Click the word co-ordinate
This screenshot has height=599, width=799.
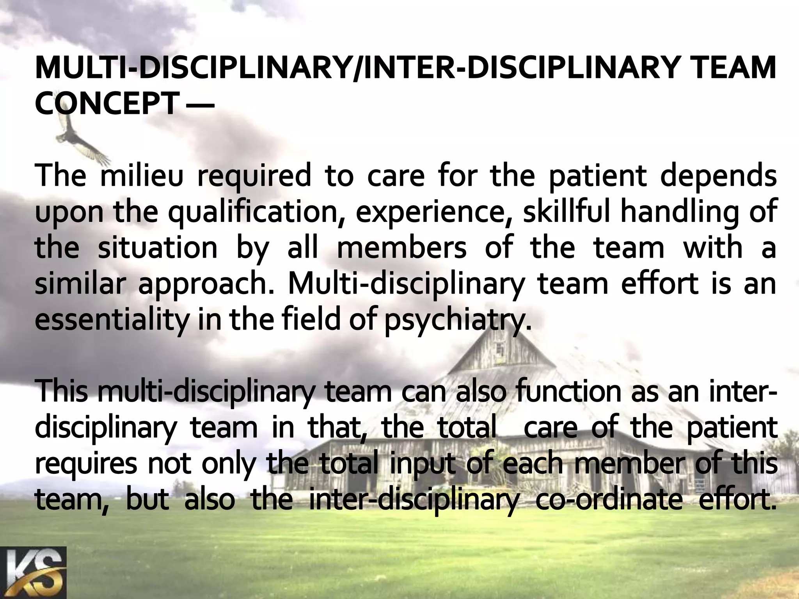click(x=609, y=500)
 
